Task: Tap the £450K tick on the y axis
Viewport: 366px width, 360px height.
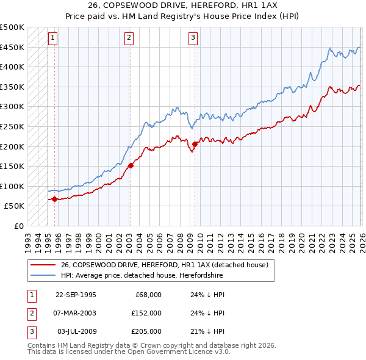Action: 12,47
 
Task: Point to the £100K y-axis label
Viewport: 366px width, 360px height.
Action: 12,186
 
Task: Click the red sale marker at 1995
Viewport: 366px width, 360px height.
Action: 55,199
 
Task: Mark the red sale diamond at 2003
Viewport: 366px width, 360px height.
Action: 131,165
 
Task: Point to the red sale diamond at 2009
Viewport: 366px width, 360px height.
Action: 195,145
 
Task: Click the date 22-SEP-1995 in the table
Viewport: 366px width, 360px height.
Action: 76,294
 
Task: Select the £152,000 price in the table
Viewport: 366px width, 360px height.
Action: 146,313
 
